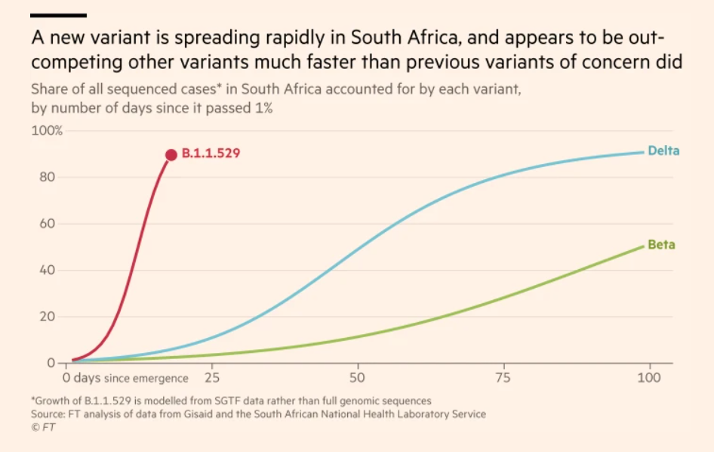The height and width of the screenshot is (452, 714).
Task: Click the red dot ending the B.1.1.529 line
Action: click(x=171, y=154)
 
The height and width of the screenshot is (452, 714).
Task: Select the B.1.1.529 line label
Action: click(x=211, y=154)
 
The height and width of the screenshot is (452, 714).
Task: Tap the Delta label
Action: click(x=663, y=150)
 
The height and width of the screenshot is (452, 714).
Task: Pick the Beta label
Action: click(x=661, y=245)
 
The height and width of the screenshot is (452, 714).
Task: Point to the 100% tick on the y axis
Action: click(x=47, y=131)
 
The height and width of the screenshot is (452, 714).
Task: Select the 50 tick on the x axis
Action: click(x=357, y=377)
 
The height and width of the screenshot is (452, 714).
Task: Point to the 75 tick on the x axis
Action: click(x=503, y=377)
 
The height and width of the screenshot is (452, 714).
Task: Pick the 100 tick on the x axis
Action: click(x=649, y=377)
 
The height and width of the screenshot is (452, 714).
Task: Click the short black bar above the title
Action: click(x=58, y=14)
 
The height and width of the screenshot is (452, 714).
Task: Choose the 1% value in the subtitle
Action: click(x=263, y=108)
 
